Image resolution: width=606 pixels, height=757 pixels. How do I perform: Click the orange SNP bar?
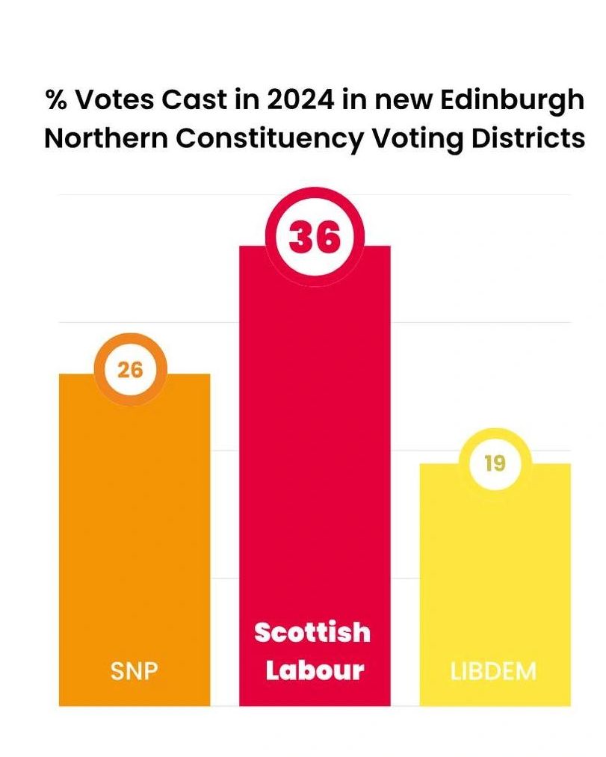click(x=135, y=523)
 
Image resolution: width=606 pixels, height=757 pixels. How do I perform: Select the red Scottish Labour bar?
click(x=315, y=448)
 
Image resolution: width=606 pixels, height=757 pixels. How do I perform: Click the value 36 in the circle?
click(x=315, y=237)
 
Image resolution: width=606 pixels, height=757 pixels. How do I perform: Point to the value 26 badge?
click(x=130, y=369)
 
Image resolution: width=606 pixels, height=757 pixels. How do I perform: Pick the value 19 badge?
click(x=495, y=464)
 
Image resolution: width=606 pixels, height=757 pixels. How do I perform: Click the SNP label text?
click(x=135, y=670)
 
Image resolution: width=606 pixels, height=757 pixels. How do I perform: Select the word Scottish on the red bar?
click(x=312, y=632)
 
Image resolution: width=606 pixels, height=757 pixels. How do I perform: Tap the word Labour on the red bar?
click(x=315, y=670)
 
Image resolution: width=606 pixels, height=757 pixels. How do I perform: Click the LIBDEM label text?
click(x=494, y=670)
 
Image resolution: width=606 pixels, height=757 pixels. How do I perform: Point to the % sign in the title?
click(x=55, y=100)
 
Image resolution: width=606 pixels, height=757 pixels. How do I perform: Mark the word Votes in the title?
click(x=114, y=100)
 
